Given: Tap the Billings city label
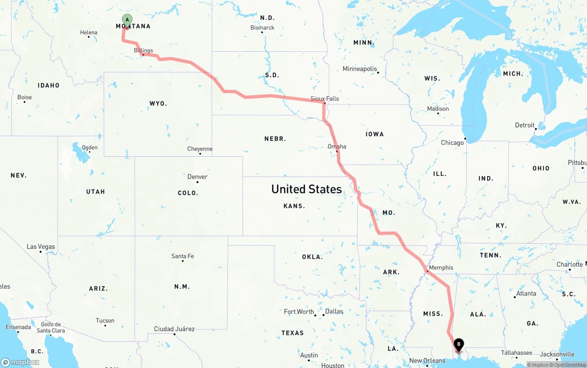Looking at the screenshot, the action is click(x=144, y=50).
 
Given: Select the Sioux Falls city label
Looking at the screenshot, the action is click(x=325, y=99).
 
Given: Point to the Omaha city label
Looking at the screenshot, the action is click(x=337, y=147).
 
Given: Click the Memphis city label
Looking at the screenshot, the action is click(x=441, y=268).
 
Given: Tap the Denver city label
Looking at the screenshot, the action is click(x=197, y=177).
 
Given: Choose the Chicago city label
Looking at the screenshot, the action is click(x=452, y=143).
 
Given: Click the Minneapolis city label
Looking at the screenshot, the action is click(x=360, y=69).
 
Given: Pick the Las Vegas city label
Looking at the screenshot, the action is click(x=41, y=247).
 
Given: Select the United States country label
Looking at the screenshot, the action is click(x=306, y=189).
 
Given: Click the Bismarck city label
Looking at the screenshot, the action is click(x=262, y=27).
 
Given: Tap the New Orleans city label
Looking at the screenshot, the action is click(x=427, y=361).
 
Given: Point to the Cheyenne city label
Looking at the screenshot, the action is click(x=200, y=149).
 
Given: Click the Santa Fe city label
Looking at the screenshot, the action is click(x=183, y=256).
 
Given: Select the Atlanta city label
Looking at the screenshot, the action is click(x=526, y=293).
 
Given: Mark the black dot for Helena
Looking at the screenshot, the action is click(x=89, y=37).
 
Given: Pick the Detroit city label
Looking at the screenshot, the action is click(x=525, y=125).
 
